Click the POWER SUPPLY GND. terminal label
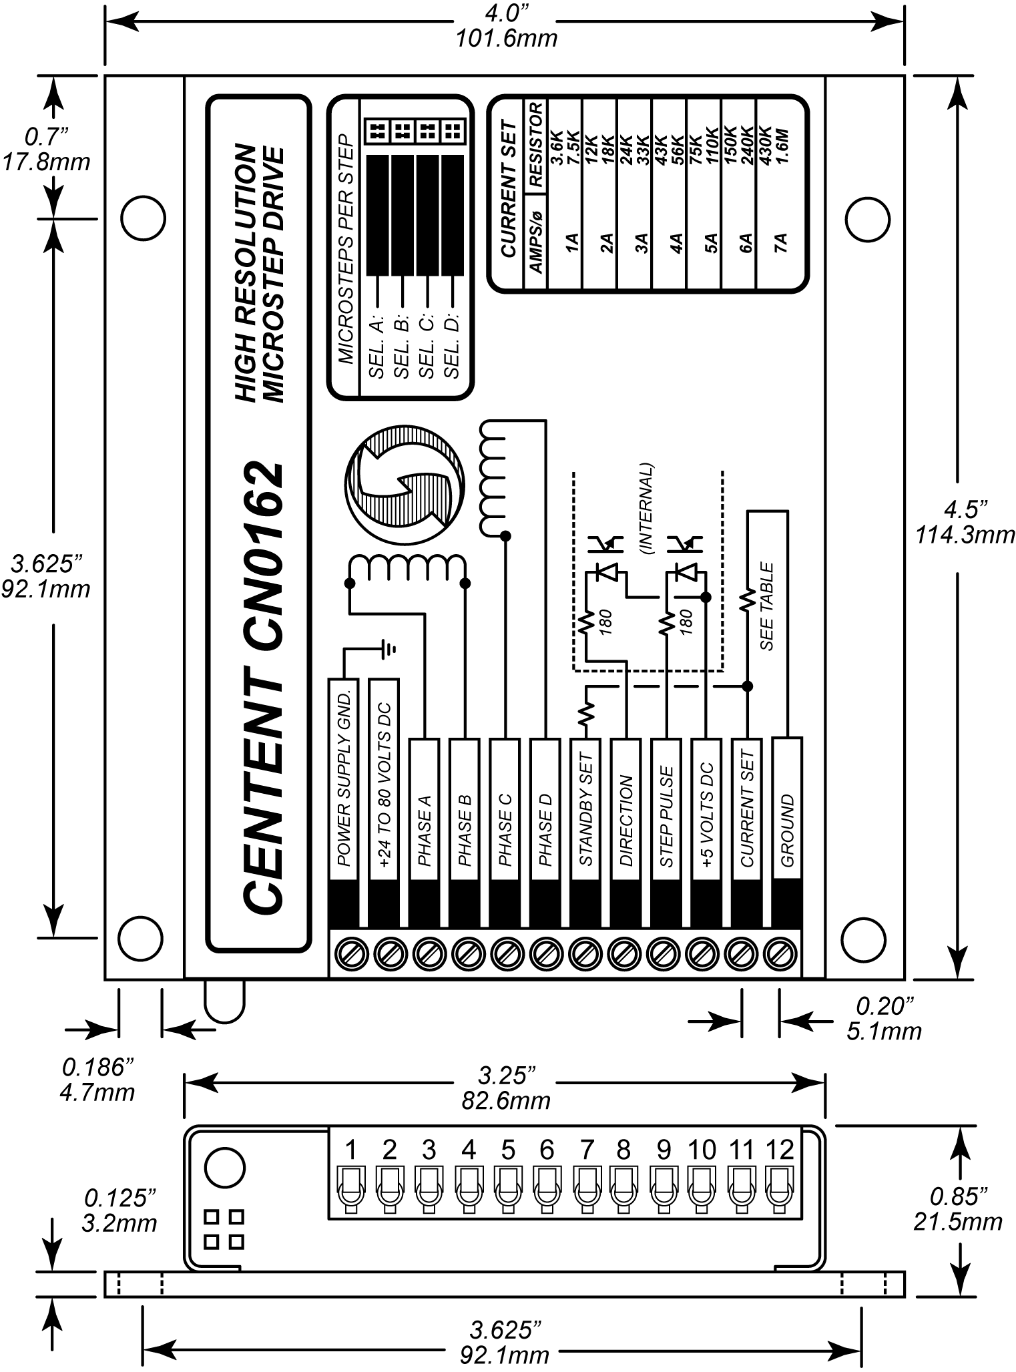point(344,774)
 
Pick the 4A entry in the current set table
point(676,244)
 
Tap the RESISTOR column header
point(536,143)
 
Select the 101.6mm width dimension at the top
point(506,39)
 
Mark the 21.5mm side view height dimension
point(957,1222)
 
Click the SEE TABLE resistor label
point(767,607)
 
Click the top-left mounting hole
point(143,218)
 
